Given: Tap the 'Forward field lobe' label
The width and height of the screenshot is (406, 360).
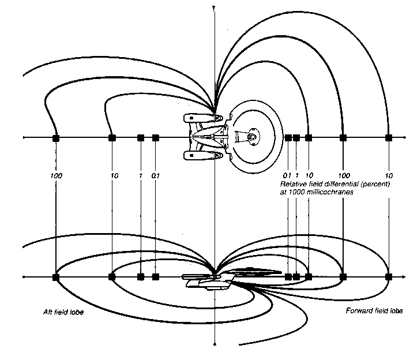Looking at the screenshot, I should [x=374, y=312].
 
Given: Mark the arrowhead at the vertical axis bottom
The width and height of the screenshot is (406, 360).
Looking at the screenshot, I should [x=213, y=344].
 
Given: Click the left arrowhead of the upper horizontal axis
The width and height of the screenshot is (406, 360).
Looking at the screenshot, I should [x=24, y=138].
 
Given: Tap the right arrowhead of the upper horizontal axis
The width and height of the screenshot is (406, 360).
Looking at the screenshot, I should [x=402, y=138].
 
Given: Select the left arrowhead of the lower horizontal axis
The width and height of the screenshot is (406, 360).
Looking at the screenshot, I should [x=24, y=277].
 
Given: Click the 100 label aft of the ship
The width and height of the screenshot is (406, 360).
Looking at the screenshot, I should [x=56, y=174].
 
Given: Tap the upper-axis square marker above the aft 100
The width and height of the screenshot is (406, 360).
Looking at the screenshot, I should [x=56, y=138].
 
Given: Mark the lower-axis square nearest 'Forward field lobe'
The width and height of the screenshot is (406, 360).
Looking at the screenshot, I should [x=389, y=277].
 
